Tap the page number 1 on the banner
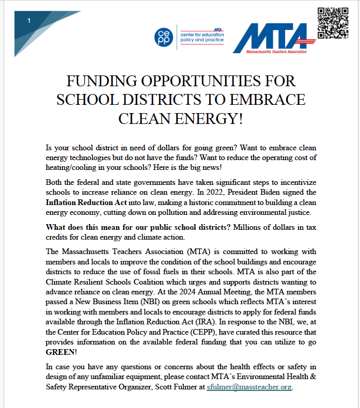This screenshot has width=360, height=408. tap(29, 21)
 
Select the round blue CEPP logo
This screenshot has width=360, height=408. tap(164, 37)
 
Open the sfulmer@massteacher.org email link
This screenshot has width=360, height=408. tap(249, 387)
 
